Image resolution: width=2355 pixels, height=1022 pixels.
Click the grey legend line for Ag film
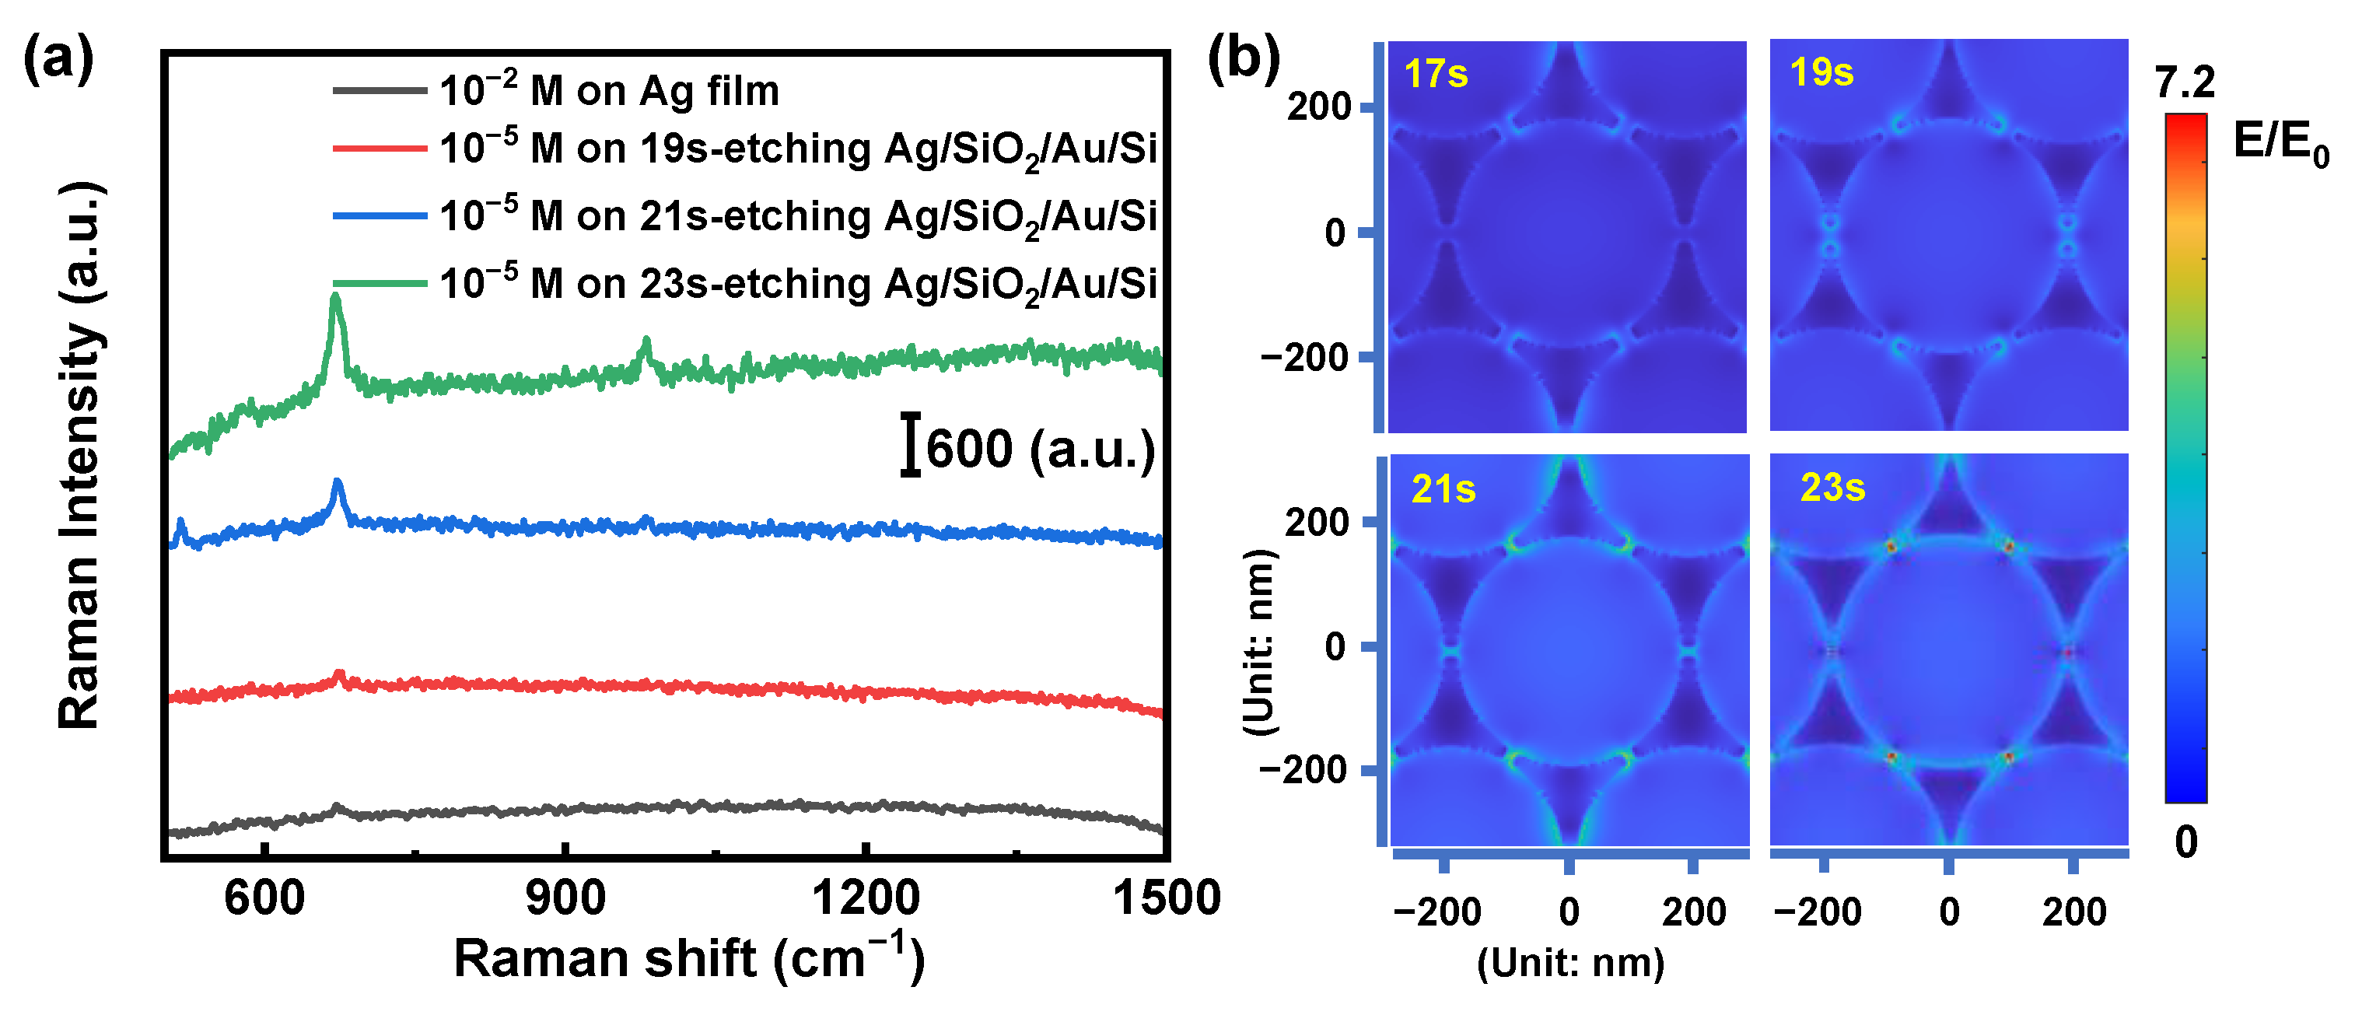click(380, 90)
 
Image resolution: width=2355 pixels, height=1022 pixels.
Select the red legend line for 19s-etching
click(380, 148)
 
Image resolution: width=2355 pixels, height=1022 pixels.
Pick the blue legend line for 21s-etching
click(380, 215)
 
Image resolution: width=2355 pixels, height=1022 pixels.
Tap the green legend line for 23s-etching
click(380, 283)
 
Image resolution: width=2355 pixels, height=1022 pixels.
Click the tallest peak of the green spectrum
click(335, 298)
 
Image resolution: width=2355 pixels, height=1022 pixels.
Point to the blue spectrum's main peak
click(338, 484)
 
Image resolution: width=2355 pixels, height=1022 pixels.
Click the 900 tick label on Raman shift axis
click(565, 898)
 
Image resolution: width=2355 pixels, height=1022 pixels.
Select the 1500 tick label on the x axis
click(1166, 898)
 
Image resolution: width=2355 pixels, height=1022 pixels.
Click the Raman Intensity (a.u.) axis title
click(80, 455)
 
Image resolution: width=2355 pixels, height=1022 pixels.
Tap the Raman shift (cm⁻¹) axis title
click(689, 958)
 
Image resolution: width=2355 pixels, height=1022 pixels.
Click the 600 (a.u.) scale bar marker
click(910, 445)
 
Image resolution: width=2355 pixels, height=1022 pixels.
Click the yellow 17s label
click(1435, 73)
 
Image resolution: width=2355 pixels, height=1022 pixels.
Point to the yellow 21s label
click(1443, 489)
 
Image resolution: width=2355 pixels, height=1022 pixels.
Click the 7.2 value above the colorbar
click(2184, 83)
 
